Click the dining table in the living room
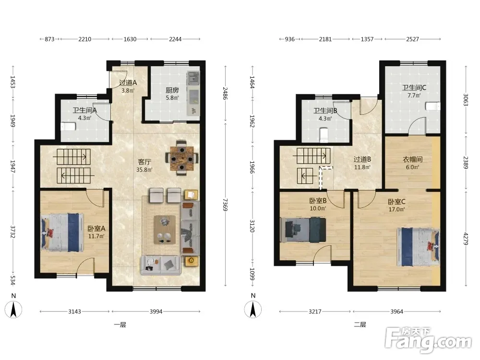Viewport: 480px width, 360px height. tap(182, 158)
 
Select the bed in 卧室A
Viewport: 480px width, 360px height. tap(62, 232)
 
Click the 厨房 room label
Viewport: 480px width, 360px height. tap(172, 90)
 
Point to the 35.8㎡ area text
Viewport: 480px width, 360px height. tap(144, 169)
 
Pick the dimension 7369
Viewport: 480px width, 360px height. tap(225, 205)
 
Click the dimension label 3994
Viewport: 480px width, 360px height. tap(156, 312)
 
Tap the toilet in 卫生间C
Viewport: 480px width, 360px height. tap(432, 106)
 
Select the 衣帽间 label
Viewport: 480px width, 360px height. tap(412, 159)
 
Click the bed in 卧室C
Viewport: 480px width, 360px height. tap(419, 247)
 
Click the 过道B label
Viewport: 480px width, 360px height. tap(362, 159)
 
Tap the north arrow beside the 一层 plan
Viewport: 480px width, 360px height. tap(13, 309)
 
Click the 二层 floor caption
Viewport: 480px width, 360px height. tap(360, 324)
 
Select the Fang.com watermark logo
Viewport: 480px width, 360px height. tap(428, 339)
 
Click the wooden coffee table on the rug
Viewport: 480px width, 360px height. tap(165, 229)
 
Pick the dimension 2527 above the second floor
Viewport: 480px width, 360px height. tap(412, 39)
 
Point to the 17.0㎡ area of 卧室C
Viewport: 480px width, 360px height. tap(397, 209)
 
